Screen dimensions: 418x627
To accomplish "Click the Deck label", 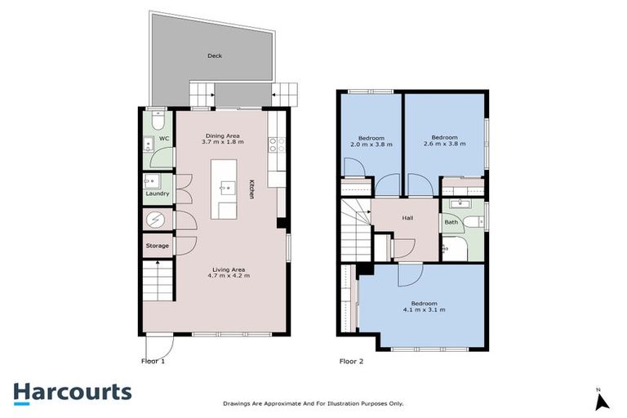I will (215, 56).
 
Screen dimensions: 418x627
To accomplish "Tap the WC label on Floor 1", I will (163, 139).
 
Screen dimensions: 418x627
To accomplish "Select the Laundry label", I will (158, 193).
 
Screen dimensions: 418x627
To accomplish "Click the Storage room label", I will (158, 246).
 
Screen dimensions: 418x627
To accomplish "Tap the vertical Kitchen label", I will (252, 190).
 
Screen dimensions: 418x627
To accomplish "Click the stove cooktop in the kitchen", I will (276, 145).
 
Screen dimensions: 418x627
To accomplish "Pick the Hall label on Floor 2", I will (407, 218).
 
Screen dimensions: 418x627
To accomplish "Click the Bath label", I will (451, 222).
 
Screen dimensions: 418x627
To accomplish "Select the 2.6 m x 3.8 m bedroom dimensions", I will (444, 144).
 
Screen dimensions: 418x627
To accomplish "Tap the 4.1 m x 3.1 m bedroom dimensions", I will (424, 310).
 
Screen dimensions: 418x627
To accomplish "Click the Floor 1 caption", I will (153, 360).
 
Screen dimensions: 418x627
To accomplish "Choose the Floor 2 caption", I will (351, 360).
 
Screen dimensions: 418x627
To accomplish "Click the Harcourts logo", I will (72, 392).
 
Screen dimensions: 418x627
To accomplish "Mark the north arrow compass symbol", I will (603, 400).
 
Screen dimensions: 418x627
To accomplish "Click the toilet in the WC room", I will (158, 121).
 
